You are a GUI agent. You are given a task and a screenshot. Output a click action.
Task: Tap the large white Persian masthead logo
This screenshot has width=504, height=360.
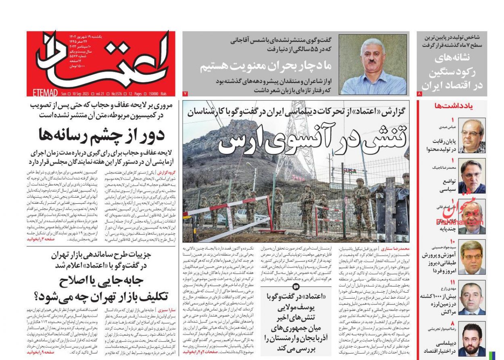101,61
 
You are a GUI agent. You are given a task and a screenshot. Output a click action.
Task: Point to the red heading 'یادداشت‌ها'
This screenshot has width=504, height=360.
459,106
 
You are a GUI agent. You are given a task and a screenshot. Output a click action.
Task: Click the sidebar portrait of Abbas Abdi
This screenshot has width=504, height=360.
472,136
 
